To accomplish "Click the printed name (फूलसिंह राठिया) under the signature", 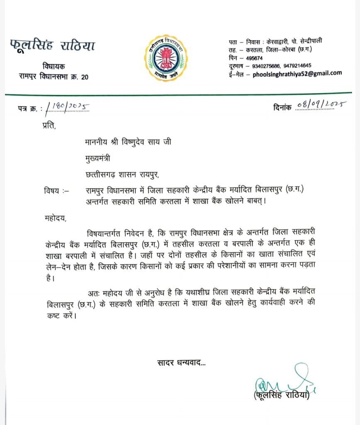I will click(282, 396).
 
